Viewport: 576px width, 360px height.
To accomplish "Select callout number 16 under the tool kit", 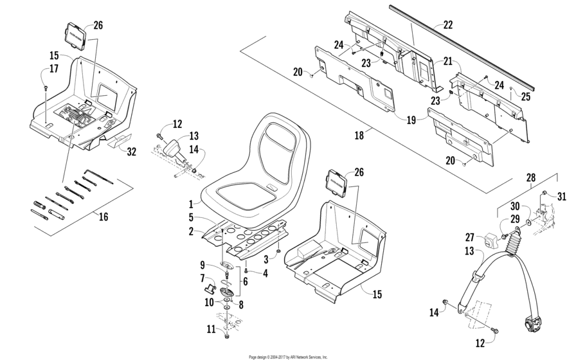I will click(104, 218).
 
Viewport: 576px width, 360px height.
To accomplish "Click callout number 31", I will click(561, 197).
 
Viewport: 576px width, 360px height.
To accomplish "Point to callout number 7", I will click(203, 278).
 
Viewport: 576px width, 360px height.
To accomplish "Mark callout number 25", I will click(526, 97).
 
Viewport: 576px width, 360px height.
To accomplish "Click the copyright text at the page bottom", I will click(287, 355).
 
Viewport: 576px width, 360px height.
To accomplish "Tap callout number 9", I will click(203, 264).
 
